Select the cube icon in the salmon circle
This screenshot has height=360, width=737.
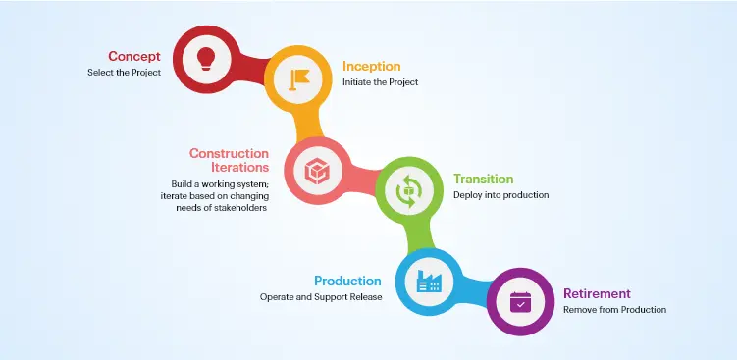[315, 170]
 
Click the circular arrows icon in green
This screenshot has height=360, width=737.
[407, 190]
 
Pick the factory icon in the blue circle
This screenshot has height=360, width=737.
[428, 283]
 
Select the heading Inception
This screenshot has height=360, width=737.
[372, 66]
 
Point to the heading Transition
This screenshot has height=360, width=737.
[483, 179]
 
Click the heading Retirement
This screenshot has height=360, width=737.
[597, 293]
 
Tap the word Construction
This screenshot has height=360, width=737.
[229, 153]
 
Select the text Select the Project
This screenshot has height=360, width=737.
[123, 72]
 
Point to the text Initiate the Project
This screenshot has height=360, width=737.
[381, 82]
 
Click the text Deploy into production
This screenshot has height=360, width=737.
[500, 195]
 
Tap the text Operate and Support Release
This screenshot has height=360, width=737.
[320, 297]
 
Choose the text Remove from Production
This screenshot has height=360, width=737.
[614, 310]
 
